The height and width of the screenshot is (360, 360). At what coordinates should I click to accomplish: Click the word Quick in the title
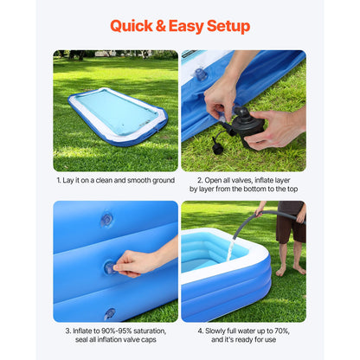coord(132,26)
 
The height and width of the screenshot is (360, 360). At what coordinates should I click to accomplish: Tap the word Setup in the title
coord(228,26)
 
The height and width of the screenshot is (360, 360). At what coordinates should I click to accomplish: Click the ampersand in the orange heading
coord(161,26)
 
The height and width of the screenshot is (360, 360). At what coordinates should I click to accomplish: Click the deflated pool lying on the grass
coord(118,116)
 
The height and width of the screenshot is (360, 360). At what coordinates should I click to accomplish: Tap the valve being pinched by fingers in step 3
coord(111,268)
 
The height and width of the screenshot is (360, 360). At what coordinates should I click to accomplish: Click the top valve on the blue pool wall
coord(106,220)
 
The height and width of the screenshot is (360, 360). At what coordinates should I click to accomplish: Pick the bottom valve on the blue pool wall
coord(110,313)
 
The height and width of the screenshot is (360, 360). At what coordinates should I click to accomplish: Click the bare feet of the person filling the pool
coord(291,270)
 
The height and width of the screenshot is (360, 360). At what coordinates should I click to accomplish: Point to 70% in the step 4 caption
coord(281,331)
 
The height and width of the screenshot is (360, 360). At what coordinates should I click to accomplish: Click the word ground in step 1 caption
coord(164,181)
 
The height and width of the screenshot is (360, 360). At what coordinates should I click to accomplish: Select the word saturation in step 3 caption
coord(150,331)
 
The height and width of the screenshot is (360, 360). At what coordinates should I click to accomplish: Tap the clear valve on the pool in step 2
coord(200,74)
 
